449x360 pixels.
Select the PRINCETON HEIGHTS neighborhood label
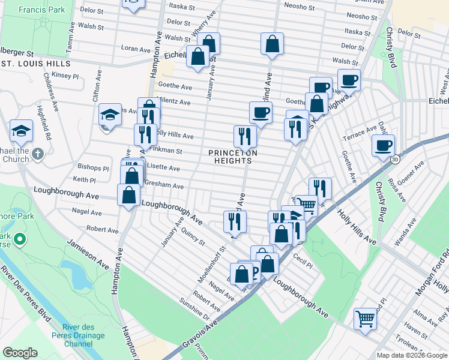coord(233,157)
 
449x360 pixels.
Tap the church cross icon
coord(38,154)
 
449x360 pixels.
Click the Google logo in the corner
coord(20,353)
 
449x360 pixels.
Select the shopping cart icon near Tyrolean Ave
coord(364,319)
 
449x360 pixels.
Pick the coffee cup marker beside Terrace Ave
coord(383,145)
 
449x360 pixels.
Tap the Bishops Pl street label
coord(93,169)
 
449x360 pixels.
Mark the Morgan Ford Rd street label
coord(432,269)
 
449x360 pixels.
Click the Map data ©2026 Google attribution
coord(412,355)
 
